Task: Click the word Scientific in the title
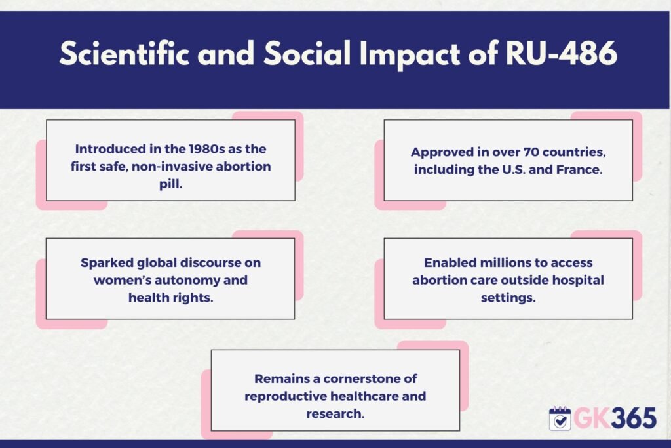click(124, 54)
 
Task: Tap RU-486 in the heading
click(561, 54)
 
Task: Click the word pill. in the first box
click(171, 184)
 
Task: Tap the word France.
click(579, 170)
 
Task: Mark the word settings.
click(508, 298)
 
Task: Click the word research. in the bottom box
click(335, 414)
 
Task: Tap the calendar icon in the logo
click(560, 418)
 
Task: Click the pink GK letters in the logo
click(592, 418)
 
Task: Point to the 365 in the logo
click(634, 418)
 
